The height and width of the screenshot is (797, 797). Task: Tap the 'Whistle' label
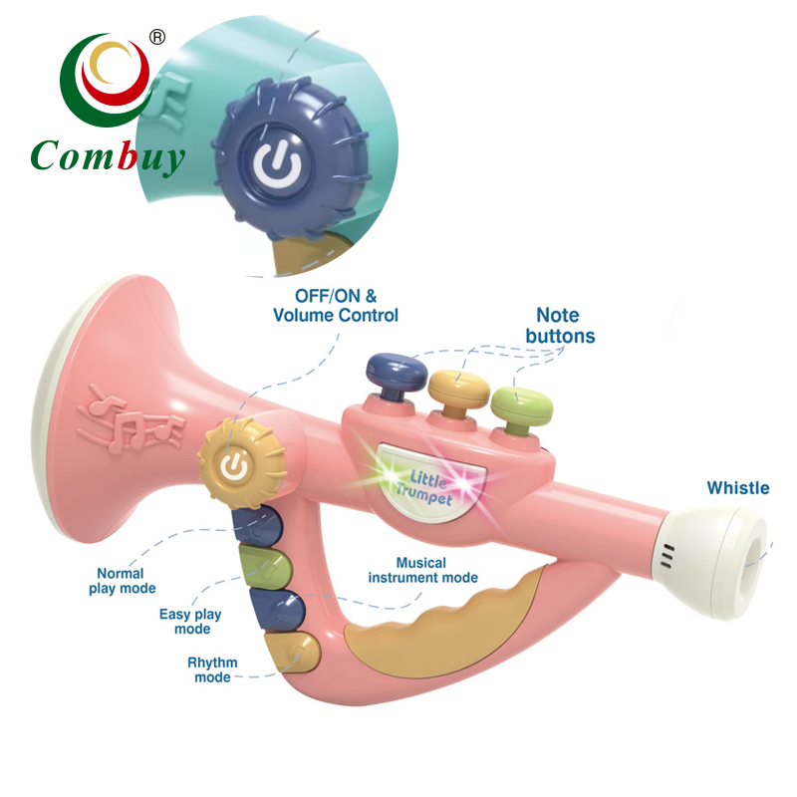(x=737, y=488)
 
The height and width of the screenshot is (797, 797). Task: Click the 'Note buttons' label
(x=559, y=326)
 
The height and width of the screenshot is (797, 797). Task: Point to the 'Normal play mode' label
(x=120, y=581)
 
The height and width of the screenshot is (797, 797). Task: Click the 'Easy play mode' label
(x=191, y=622)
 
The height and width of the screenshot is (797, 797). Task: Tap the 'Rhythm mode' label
(x=209, y=669)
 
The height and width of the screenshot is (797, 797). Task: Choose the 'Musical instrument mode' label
(x=422, y=570)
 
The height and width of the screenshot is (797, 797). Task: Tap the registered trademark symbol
(x=156, y=37)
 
